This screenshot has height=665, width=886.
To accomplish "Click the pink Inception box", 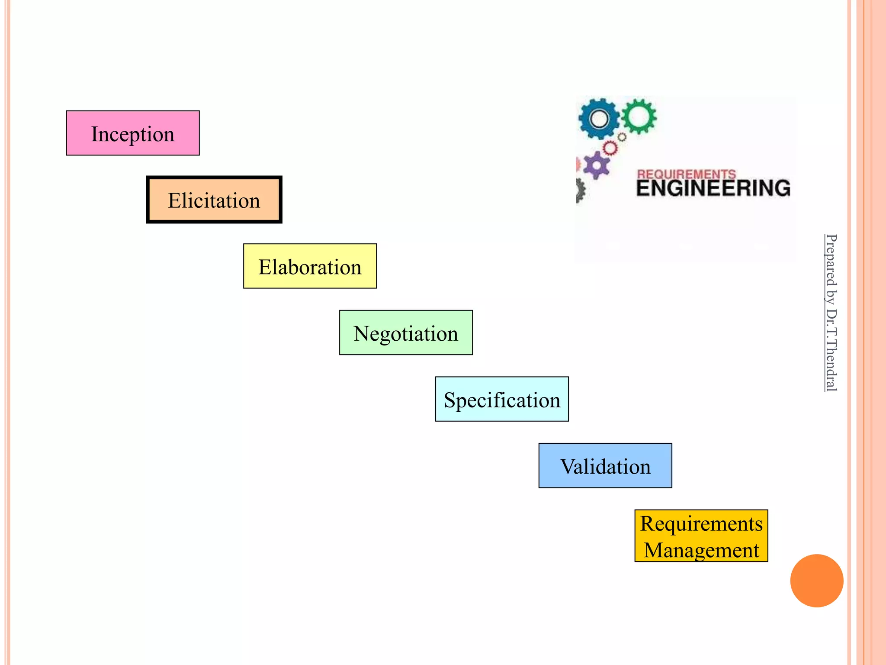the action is point(133,133).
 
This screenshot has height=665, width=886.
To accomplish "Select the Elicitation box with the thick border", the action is point(214,200).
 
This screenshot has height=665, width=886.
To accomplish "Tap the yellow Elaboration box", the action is point(310,266).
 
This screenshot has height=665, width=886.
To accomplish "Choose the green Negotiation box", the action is point(406,333).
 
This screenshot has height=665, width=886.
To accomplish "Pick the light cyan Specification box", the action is point(502,399).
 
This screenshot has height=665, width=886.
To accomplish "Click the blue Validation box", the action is point(605,466).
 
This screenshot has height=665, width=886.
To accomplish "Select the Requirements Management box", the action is point(701,536).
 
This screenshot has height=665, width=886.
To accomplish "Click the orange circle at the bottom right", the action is point(817,581).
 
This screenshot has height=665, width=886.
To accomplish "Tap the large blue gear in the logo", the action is point(599,119).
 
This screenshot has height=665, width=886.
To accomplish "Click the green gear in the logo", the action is point(639,116).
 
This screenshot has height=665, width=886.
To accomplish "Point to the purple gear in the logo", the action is point(597,165).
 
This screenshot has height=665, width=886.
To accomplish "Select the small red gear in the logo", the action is point(610,148).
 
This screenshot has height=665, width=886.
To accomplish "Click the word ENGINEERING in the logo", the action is point(713,188).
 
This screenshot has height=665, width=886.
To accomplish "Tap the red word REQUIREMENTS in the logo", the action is point(686,174).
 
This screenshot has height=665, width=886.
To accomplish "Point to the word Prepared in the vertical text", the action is point(831,260).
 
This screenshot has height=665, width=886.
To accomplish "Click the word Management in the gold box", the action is point(701,550).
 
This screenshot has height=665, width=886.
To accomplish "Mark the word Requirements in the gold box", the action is point(701,523).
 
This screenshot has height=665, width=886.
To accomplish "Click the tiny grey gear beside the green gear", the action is point(622,137).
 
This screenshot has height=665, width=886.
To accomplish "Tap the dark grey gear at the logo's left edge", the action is point(580,190).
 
